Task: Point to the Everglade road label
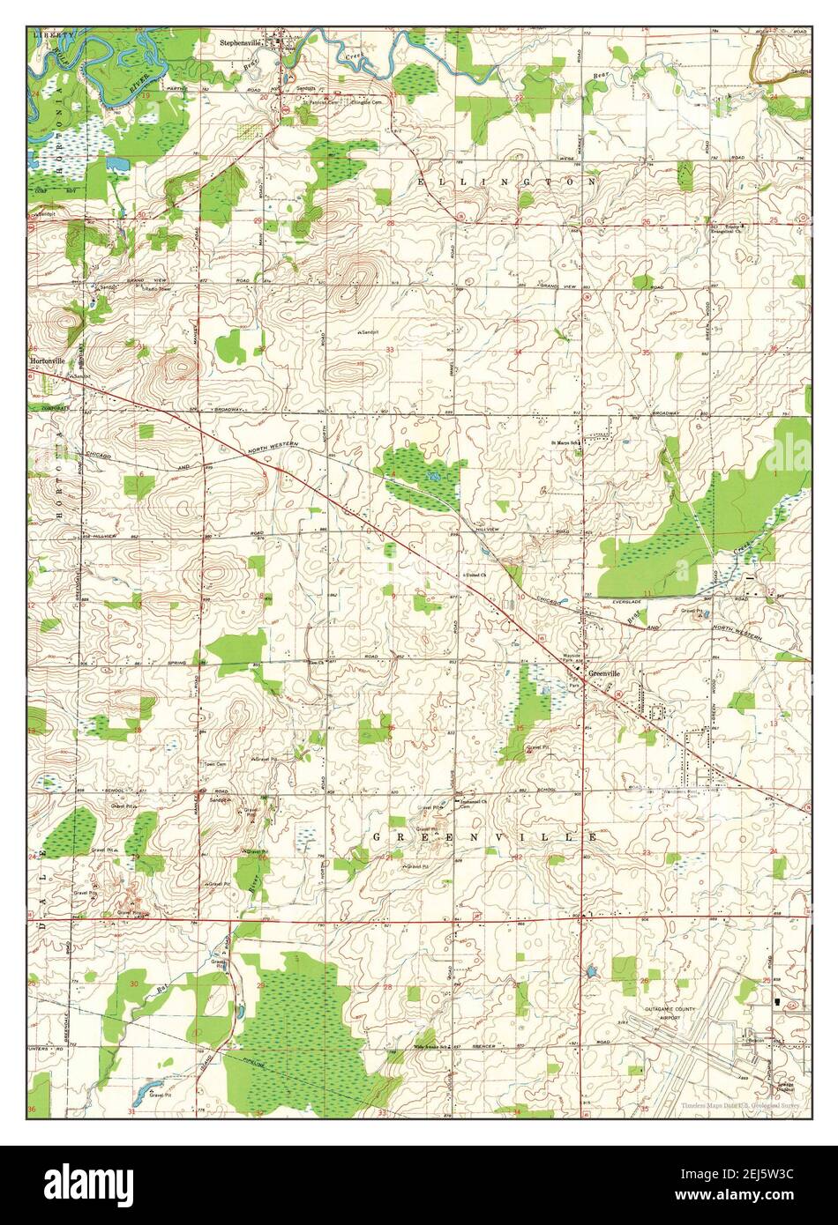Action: (629, 601)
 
